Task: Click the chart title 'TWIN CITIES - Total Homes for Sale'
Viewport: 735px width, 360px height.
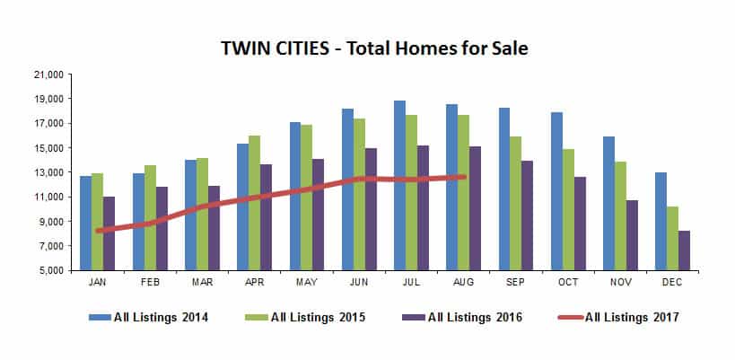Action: (374, 47)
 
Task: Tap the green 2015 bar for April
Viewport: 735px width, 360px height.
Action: (255, 203)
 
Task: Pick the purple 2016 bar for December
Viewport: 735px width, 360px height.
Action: (684, 250)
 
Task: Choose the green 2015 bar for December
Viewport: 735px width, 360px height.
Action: (672, 238)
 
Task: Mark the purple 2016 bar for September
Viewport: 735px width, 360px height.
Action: (528, 215)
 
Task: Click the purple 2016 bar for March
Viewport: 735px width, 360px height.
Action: (214, 228)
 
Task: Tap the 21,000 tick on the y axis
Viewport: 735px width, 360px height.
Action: (50, 75)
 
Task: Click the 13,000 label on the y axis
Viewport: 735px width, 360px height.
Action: (50, 172)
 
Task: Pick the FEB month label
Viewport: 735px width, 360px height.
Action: (150, 281)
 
